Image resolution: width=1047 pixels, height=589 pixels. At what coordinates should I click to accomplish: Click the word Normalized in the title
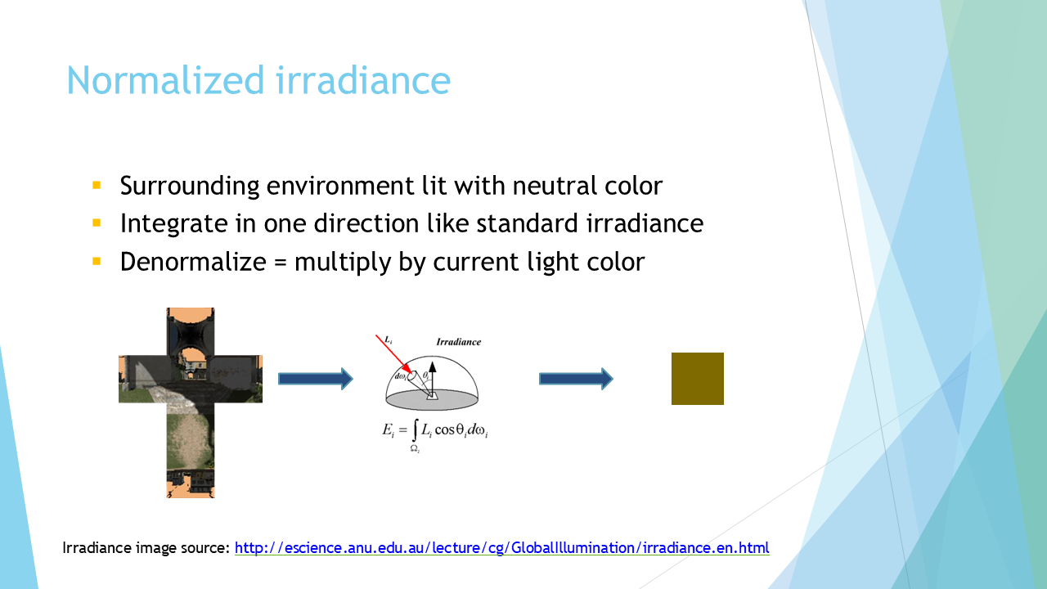pos(166,80)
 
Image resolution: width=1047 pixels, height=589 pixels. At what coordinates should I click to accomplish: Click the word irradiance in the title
pos(363,80)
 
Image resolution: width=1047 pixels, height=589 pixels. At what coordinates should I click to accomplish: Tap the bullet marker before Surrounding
pos(97,185)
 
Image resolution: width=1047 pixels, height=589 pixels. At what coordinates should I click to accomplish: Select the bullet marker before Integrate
pos(97,223)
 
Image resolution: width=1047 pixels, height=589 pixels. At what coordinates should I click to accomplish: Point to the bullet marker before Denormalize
pos(97,261)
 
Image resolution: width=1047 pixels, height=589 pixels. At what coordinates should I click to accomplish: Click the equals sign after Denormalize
pos(280,263)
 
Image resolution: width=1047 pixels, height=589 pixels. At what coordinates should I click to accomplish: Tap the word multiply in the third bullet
pos(343,263)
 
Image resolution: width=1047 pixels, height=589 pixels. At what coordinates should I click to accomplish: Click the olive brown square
pos(698,379)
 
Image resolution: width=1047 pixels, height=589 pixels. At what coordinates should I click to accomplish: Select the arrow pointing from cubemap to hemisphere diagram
pos(316,379)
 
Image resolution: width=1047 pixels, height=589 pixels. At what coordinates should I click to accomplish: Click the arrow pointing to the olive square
pos(576,379)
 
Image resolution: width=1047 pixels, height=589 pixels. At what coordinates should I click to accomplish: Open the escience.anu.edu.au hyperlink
pos(502,548)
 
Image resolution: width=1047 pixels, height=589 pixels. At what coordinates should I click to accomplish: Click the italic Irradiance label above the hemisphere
pos(459,342)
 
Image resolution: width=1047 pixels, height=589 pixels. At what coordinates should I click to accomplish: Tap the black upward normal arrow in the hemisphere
pos(433,379)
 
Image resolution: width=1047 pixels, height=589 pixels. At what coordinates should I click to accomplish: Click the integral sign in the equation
pos(414,430)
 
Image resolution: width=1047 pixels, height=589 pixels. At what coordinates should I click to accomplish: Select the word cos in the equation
pos(444,429)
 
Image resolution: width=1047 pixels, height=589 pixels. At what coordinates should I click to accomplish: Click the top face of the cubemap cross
pos(191,331)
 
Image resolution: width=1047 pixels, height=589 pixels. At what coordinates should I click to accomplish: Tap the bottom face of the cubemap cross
pos(191,473)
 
